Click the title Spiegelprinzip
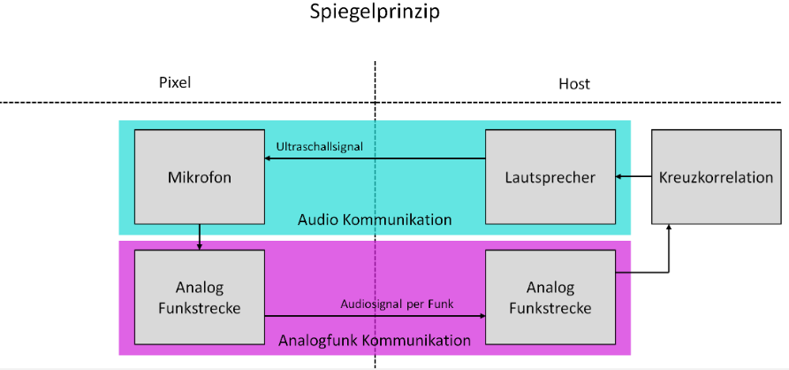pos(375,13)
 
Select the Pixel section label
pos(174,82)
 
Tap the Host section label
pos(573,84)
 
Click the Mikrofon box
pos(199,177)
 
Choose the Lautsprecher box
pos(550,177)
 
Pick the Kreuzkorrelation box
pos(716,177)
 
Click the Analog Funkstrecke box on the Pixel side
pos(199,297)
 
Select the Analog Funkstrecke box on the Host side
pos(550,297)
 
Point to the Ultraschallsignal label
pos(319,144)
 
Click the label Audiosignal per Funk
pos(397,304)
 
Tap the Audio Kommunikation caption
pos(375,220)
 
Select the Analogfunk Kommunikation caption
pos(375,340)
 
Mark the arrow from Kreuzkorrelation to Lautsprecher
pos(633,177)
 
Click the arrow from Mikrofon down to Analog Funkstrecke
pos(200,236)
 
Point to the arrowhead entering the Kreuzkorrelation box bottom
pos(669,228)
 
